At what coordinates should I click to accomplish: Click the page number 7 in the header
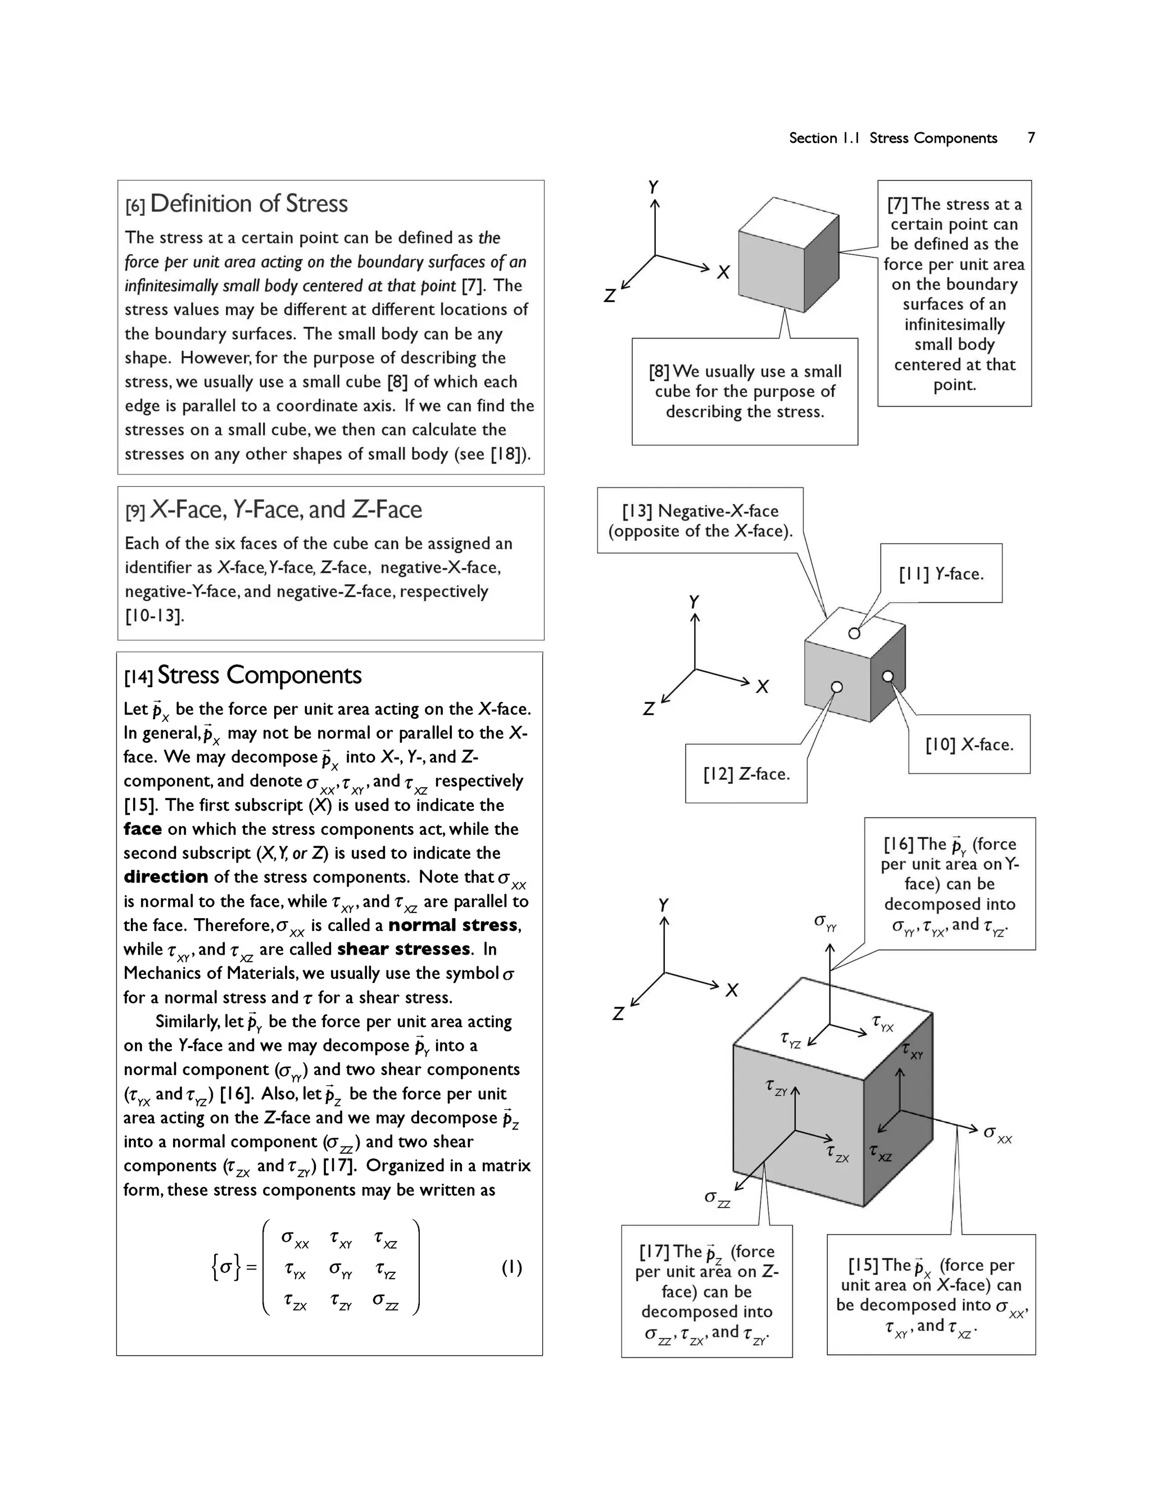(x=1031, y=138)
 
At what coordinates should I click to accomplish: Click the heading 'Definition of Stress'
(x=248, y=204)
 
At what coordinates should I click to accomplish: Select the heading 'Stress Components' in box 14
(x=259, y=675)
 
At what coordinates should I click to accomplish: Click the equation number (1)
(x=511, y=1267)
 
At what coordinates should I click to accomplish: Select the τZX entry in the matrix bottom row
(x=295, y=1302)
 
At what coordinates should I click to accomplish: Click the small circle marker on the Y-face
(x=854, y=634)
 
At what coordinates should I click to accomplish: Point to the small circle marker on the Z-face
(x=837, y=687)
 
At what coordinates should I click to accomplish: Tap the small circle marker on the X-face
(x=887, y=676)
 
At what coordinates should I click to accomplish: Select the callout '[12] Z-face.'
(x=746, y=774)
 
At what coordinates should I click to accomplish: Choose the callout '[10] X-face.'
(x=969, y=745)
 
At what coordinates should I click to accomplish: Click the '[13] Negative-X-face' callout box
(x=700, y=521)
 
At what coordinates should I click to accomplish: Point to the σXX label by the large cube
(x=997, y=1134)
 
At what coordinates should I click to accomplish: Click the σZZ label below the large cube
(x=717, y=1199)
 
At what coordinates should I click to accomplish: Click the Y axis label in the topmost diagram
(x=653, y=187)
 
